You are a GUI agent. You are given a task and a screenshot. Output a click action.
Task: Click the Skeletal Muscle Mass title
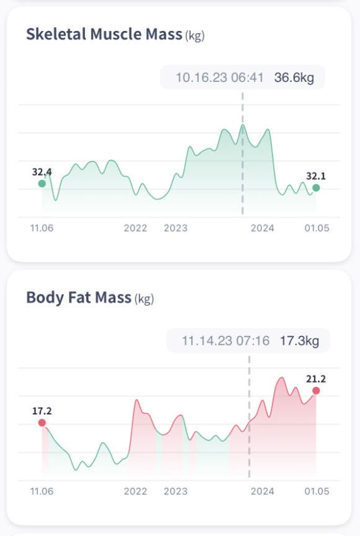point(104,34)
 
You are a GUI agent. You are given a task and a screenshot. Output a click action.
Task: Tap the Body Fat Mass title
point(79,298)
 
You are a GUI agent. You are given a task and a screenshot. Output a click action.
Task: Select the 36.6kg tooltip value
point(295,78)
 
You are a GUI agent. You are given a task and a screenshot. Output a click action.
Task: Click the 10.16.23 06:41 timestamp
point(220,78)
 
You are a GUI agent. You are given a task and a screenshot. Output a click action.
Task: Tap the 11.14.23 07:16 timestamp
point(225,341)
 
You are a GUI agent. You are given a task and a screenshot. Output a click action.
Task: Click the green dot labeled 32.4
point(42,184)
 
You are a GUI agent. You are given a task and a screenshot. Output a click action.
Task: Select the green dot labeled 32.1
point(316,187)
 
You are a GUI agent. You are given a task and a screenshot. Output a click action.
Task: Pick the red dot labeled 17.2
point(42,422)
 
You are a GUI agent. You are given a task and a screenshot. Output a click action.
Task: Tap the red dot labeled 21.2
point(316,390)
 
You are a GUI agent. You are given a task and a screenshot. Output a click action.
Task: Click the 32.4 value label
point(42,172)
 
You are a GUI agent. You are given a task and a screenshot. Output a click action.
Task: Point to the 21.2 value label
point(316,379)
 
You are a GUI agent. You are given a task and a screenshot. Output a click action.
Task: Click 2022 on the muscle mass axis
point(135,228)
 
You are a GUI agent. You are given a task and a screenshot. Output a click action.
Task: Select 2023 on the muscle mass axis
point(176,228)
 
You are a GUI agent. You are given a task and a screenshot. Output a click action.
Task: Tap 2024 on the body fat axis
point(263,491)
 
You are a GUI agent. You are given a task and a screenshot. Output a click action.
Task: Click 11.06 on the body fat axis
point(42,491)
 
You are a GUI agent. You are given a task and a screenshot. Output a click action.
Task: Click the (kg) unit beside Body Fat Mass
point(144,299)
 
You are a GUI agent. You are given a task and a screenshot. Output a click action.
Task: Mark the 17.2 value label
point(42,411)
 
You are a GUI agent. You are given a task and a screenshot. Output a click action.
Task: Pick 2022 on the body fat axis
point(135,491)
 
